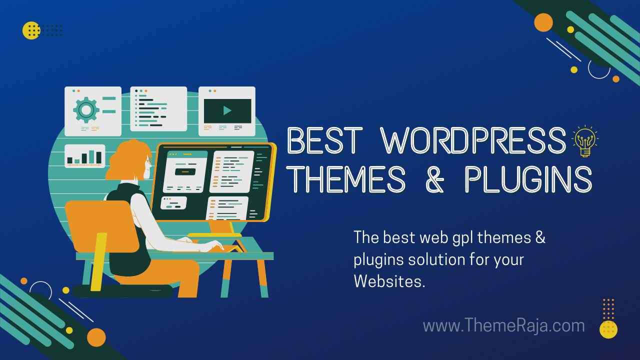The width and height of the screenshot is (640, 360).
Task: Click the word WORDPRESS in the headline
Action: (473, 141)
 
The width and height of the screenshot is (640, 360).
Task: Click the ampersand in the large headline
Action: (435, 179)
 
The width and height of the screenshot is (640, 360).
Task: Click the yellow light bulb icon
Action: (585, 141)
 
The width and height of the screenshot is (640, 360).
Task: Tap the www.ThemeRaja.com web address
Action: (503, 325)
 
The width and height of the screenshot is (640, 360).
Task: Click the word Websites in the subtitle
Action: (389, 281)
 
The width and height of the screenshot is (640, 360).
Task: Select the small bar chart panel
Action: (85, 156)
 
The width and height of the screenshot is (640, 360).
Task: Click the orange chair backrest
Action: (101, 225)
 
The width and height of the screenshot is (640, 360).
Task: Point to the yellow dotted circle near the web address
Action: (608, 329)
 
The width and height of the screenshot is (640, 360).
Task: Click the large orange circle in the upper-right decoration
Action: (543, 22)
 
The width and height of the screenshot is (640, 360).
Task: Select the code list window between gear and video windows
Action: (158, 109)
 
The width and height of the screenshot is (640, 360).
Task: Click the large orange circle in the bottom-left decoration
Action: (96, 337)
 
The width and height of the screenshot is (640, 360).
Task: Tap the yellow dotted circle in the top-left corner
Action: (31, 30)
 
